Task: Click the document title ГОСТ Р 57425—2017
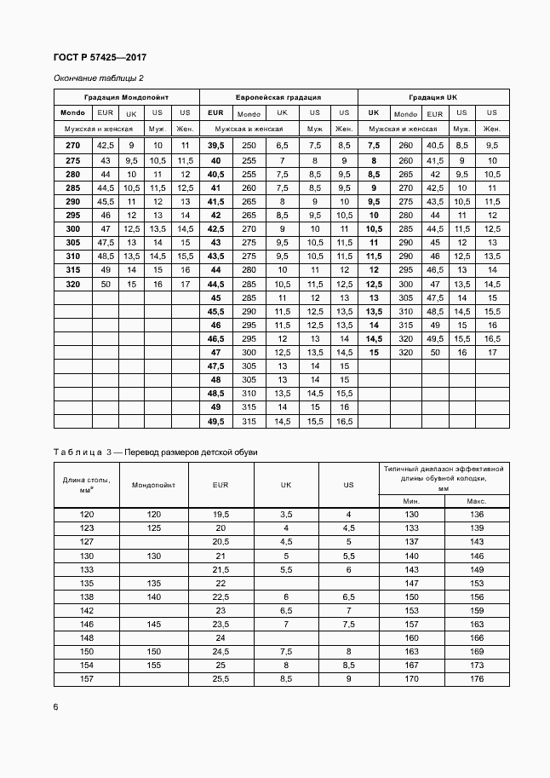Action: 100,57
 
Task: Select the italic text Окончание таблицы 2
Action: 99,79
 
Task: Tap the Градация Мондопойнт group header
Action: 126,97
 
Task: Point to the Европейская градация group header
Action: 278,97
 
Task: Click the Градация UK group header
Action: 433,97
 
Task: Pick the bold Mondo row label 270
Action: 72,146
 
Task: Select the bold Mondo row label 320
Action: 72,284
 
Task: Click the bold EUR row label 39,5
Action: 215,146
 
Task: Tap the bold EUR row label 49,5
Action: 215,421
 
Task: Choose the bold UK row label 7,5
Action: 373,146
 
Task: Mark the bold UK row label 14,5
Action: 373,338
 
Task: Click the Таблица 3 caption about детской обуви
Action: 155,452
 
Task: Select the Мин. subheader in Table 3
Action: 412,500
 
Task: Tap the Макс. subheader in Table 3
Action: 476,500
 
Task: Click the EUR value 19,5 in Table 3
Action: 221,515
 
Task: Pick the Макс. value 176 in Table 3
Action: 476,679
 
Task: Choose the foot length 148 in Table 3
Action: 86,637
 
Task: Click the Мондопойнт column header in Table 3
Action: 153,485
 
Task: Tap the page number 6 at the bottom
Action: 56,706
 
